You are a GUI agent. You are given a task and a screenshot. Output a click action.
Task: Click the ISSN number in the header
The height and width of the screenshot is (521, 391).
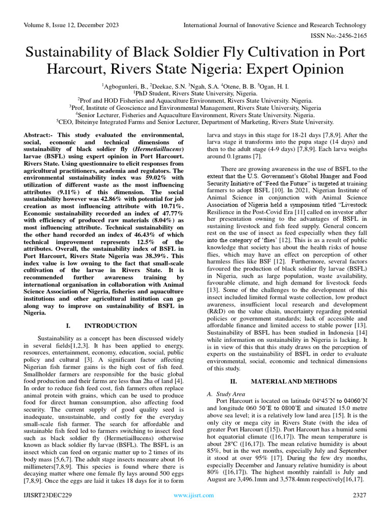coord(346,36)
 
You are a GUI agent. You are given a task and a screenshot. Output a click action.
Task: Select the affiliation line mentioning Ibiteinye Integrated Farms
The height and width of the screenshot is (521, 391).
coord(195,122)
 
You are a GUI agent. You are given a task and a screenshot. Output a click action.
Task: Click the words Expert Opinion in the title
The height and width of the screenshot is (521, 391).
coord(291,68)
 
